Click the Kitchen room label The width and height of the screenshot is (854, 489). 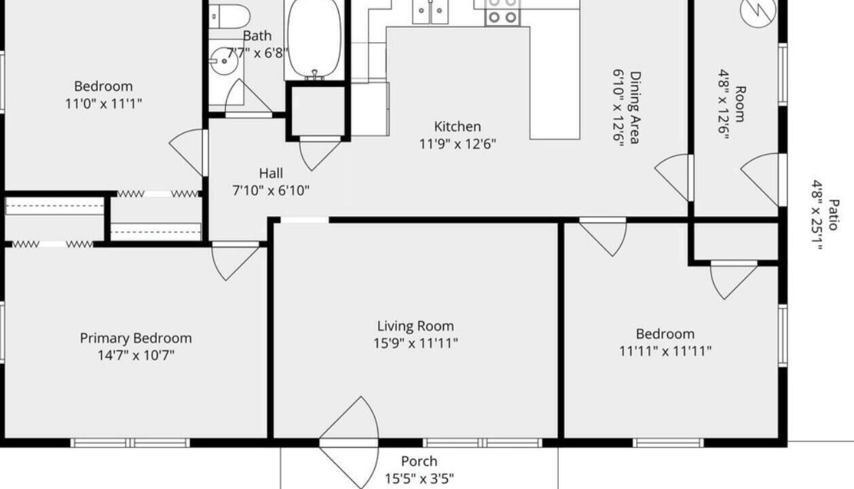(458, 126)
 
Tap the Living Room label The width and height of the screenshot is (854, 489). (415, 326)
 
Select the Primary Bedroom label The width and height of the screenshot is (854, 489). (136, 338)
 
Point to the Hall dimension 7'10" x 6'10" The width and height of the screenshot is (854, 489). (271, 190)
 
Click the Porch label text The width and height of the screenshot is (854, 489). (419, 462)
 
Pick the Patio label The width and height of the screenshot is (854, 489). (834, 215)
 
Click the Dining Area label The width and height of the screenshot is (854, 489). (635, 107)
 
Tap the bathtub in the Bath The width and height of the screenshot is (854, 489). (314, 39)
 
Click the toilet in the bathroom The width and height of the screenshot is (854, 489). (229, 16)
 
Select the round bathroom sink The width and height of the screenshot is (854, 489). (225, 61)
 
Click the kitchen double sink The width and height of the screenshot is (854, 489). (430, 12)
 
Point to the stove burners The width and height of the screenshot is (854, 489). (502, 13)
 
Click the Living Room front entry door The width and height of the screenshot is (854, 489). (349, 442)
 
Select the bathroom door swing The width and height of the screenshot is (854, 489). (248, 98)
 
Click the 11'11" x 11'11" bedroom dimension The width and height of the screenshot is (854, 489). (665, 351)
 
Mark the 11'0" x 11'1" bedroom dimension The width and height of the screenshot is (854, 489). (103, 104)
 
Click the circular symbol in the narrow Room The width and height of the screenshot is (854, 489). (758, 11)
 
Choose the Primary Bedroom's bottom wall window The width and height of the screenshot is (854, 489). (130, 443)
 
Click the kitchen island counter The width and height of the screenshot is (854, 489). (555, 75)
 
